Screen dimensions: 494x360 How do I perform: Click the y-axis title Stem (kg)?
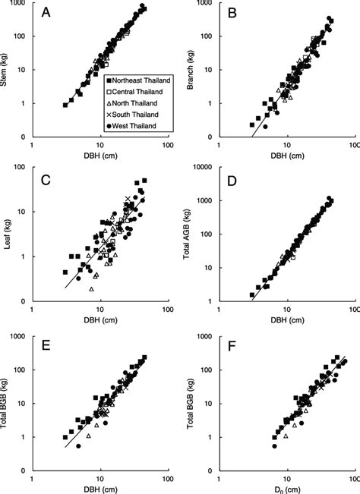pos(6,71)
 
